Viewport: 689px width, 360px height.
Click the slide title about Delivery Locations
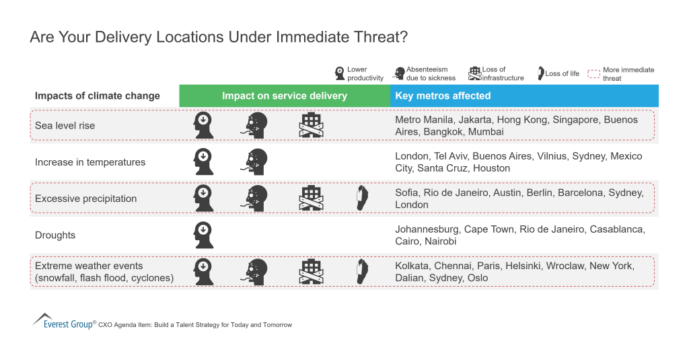(219, 37)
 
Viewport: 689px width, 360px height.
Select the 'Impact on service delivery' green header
(284, 96)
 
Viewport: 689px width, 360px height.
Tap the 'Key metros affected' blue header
(443, 96)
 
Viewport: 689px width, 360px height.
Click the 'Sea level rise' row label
(65, 126)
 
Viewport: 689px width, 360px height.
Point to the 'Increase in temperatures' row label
(90, 162)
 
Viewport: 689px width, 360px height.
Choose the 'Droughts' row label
(55, 236)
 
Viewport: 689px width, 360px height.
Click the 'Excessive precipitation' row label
(85, 199)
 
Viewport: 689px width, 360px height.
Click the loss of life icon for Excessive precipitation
(363, 199)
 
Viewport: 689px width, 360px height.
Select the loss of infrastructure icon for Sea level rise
(311, 126)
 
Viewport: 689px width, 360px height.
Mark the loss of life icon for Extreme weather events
(363, 271)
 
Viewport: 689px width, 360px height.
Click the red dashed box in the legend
(593, 74)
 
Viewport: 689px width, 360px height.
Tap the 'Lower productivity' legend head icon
(340, 73)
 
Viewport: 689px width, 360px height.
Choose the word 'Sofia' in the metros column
(406, 193)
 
